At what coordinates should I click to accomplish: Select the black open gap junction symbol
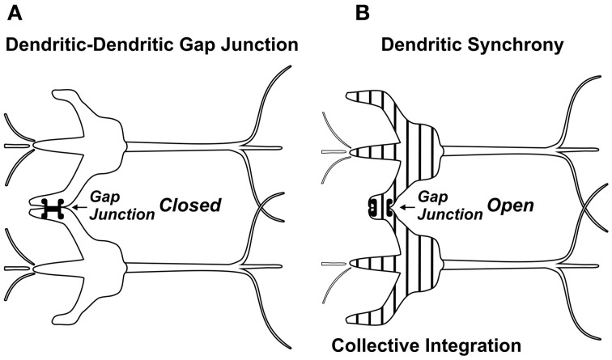[380, 207]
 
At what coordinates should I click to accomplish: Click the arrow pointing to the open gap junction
[407, 208]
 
